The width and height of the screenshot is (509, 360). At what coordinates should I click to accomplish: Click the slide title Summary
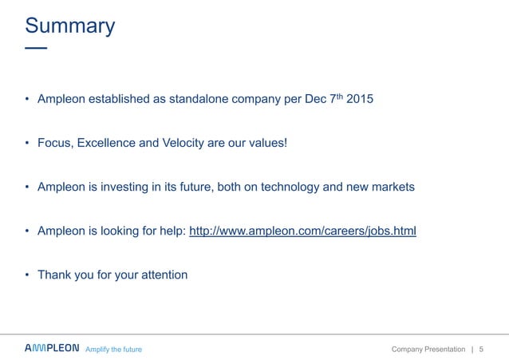tap(70, 26)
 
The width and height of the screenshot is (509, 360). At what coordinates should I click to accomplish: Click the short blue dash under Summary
tap(36, 49)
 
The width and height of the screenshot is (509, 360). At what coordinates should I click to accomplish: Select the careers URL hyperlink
tap(302, 231)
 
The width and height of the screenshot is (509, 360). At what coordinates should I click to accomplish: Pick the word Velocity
tap(186, 144)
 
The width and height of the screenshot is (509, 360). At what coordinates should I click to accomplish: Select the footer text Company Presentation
tap(428, 350)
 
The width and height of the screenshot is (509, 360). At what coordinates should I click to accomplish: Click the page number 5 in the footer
tap(482, 350)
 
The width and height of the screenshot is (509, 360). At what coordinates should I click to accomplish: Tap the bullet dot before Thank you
tap(27, 275)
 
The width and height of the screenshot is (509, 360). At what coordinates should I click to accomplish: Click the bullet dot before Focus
tap(27, 144)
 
